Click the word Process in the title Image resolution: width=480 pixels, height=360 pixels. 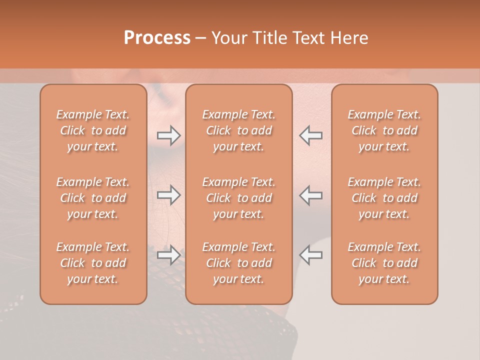(x=157, y=38)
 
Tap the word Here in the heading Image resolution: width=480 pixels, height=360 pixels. (x=349, y=38)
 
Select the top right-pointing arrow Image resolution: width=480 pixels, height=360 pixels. (x=169, y=135)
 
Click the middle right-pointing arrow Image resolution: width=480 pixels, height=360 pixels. (x=169, y=195)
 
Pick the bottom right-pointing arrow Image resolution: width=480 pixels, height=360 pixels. (x=169, y=255)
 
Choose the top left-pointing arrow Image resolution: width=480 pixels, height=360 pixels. (x=311, y=135)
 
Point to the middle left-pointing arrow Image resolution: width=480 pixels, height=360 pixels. (x=311, y=195)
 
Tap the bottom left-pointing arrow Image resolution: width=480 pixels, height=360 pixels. (x=311, y=255)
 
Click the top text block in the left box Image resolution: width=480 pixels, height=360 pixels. (x=93, y=130)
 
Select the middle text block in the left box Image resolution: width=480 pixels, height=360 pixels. (x=93, y=198)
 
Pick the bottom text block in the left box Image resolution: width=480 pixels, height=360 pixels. (x=93, y=263)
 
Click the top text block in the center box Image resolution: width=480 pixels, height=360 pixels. (x=239, y=130)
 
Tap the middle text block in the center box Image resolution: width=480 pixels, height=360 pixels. (x=239, y=198)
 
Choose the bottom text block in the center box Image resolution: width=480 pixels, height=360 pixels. (x=239, y=263)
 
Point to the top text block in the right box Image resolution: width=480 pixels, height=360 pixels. (x=384, y=130)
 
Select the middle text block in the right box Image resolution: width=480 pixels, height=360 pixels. (x=384, y=198)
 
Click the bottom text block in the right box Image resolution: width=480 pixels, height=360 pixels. (x=384, y=263)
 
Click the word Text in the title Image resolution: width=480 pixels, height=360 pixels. (x=305, y=38)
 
